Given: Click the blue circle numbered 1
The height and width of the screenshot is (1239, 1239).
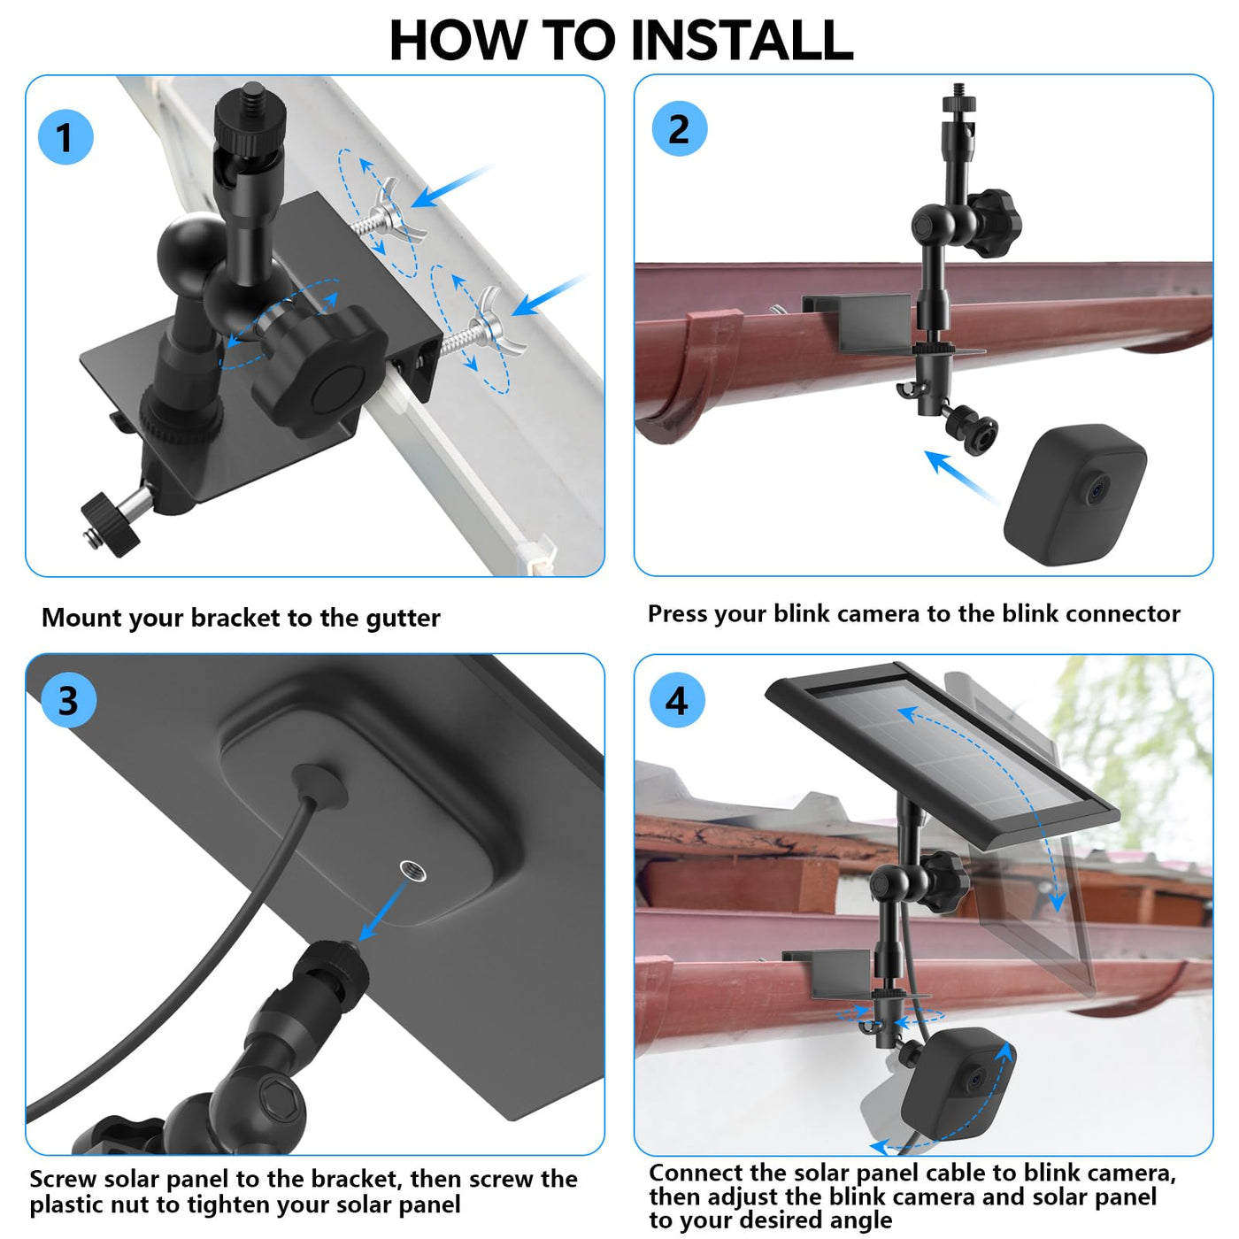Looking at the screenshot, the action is point(65,137).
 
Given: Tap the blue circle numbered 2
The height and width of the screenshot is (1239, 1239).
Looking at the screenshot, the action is point(679,128).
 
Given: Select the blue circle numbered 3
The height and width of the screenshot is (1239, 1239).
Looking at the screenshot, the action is point(69,699).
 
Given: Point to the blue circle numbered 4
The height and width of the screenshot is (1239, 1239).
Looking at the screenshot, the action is point(676,700).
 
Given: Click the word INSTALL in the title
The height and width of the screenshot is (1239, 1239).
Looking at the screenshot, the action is point(743,41).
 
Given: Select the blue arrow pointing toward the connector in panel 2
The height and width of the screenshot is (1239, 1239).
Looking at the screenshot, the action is point(960,476).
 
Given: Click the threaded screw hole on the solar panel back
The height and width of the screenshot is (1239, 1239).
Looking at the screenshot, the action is point(412,871).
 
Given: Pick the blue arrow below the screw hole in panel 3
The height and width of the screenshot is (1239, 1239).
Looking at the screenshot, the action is point(382,912).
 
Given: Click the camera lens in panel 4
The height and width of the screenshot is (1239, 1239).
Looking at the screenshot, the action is point(976,1078).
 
